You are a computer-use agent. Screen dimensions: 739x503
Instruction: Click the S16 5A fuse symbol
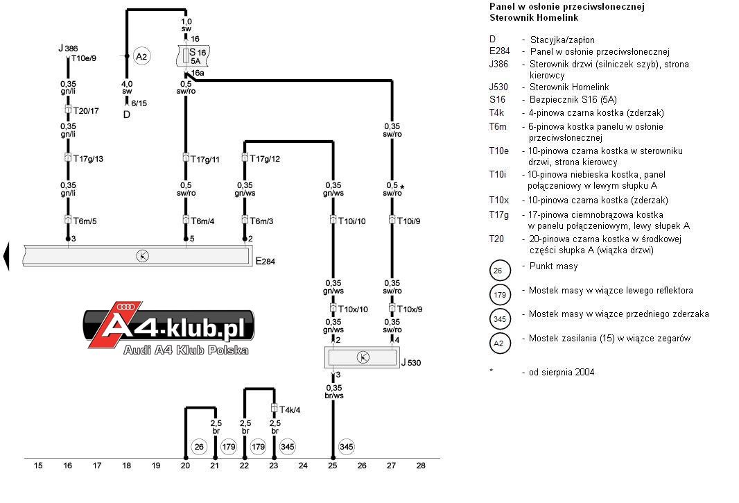[193, 56]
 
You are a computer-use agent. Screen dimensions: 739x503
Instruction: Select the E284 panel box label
[266, 262]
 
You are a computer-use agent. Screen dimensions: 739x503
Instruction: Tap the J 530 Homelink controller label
[411, 363]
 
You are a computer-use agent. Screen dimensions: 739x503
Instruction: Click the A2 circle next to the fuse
[141, 57]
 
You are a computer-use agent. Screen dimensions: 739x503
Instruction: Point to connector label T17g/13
[88, 159]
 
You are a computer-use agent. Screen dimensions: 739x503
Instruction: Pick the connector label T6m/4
[202, 221]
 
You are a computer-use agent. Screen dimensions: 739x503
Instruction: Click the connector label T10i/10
[351, 221]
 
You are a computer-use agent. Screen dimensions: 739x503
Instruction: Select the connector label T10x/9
[410, 309]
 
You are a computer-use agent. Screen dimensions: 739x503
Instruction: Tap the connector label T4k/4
[289, 409]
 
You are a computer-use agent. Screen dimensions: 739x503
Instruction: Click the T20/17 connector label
[86, 111]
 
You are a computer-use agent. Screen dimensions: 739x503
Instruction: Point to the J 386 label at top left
[69, 48]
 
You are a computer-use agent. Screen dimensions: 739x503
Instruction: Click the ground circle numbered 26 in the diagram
[199, 447]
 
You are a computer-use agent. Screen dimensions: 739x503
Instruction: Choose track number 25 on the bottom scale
[333, 466]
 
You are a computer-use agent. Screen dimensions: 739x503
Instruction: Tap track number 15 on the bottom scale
[38, 466]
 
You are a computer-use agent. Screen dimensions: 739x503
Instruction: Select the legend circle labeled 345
[500, 319]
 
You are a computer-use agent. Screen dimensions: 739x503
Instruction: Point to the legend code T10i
[498, 175]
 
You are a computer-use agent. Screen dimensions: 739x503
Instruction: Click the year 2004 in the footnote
[584, 373]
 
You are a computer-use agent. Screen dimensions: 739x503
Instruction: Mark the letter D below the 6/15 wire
[127, 114]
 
